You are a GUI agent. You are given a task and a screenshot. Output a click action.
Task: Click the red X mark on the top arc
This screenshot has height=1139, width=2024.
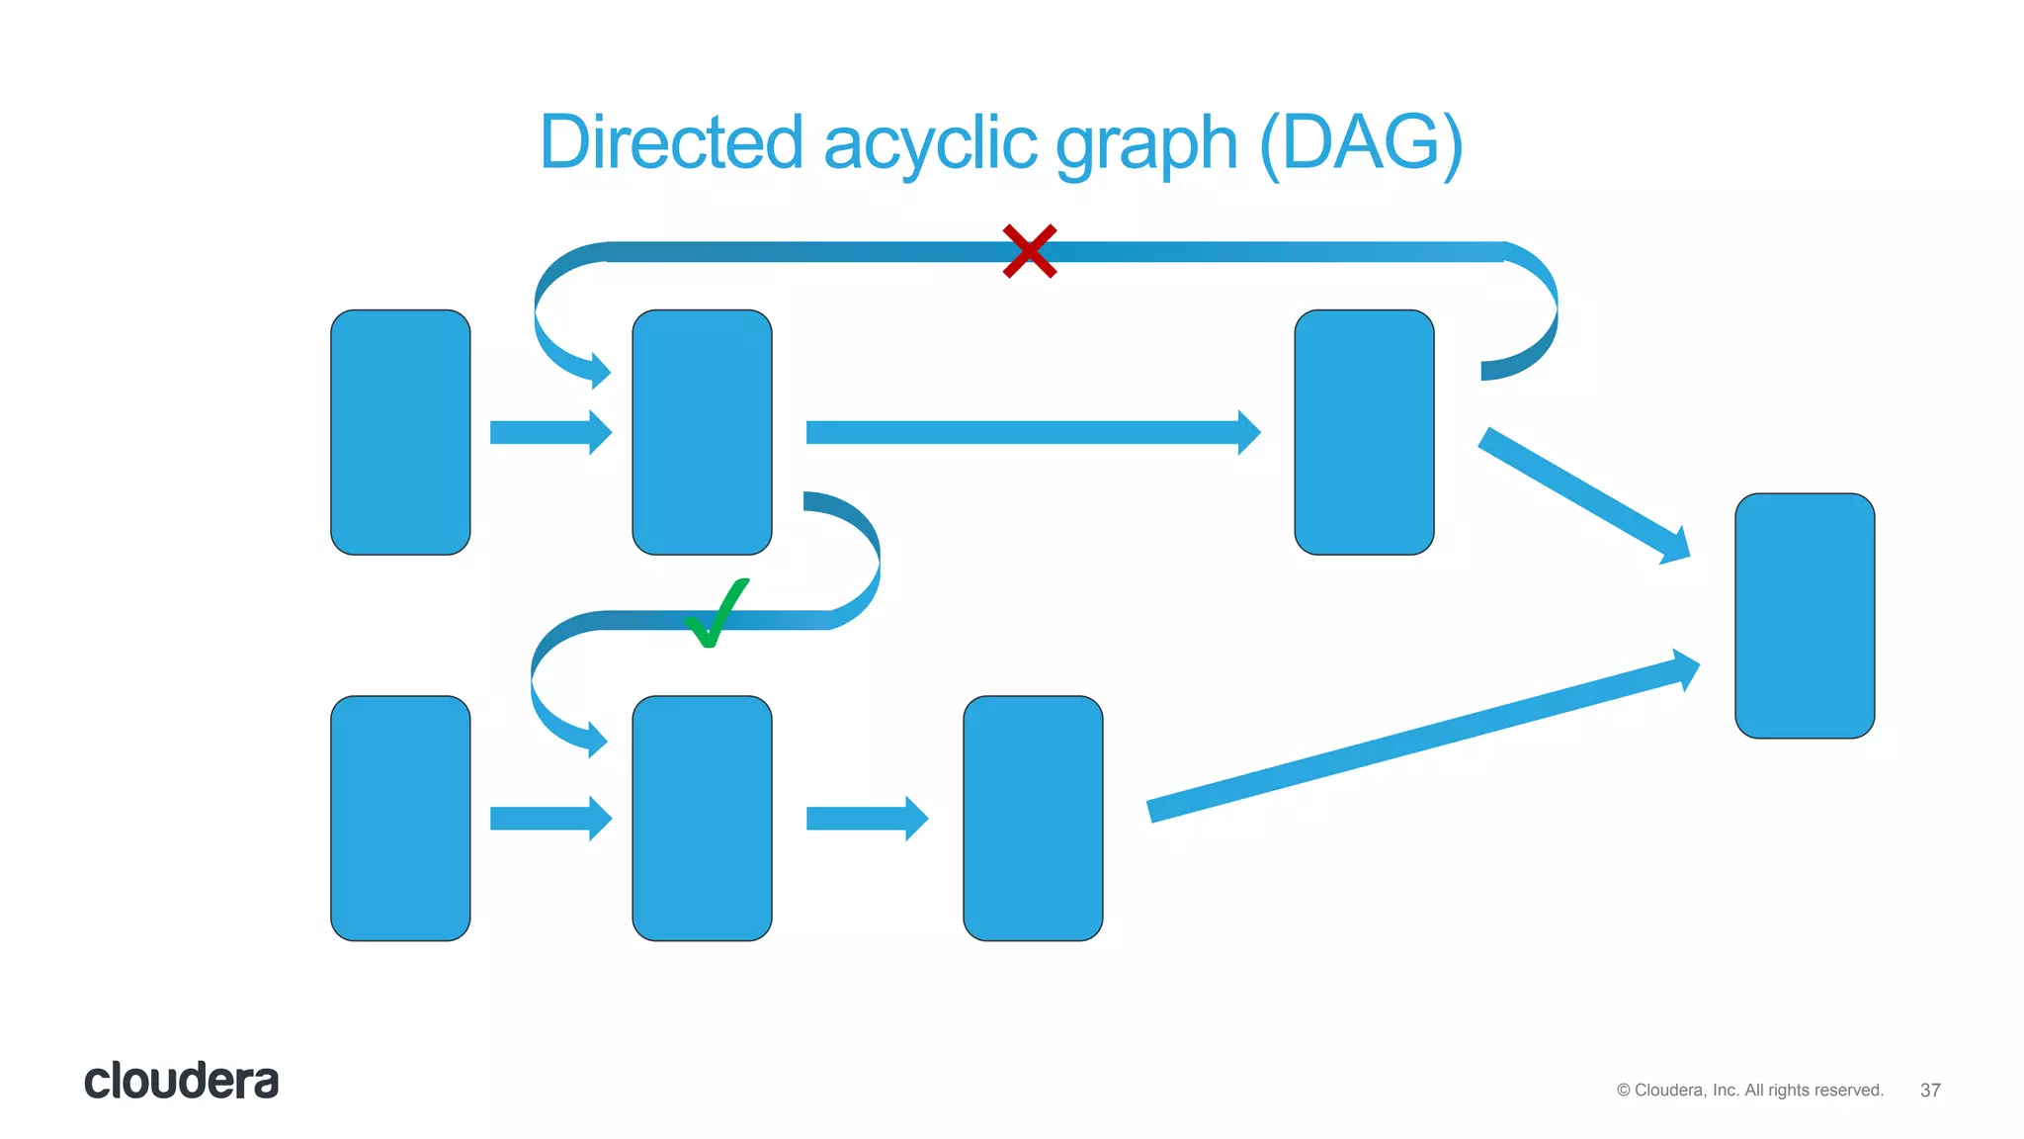pyautogui.click(x=1030, y=251)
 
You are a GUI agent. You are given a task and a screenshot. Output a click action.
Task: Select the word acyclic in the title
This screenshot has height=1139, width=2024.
pyautogui.click(x=930, y=144)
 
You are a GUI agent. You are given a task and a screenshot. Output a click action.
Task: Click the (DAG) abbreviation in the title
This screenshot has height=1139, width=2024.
pyautogui.click(x=1361, y=144)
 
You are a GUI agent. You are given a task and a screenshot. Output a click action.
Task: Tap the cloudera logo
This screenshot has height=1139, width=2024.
pyautogui.click(x=181, y=1081)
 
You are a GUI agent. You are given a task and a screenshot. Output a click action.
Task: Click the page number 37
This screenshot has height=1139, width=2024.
pyautogui.click(x=1929, y=1090)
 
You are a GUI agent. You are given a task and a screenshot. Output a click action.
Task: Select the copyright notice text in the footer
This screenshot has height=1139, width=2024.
pyautogui.click(x=1749, y=1090)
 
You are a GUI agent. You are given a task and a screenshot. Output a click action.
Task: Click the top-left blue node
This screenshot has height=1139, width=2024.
pyautogui.click(x=400, y=432)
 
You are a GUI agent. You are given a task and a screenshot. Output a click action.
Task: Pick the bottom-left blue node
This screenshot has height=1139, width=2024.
pyautogui.click(x=400, y=818)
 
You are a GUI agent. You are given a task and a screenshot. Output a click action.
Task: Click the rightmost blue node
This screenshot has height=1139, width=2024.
pyautogui.click(x=1804, y=615)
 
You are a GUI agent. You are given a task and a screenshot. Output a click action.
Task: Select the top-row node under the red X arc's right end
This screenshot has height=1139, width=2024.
pyautogui.click(x=1364, y=432)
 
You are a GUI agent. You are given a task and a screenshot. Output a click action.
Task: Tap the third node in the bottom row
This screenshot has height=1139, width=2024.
pyautogui.click(x=1033, y=818)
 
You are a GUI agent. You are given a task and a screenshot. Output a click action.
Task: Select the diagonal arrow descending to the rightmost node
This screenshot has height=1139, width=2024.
pyautogui.click(x=1582, y=495)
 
